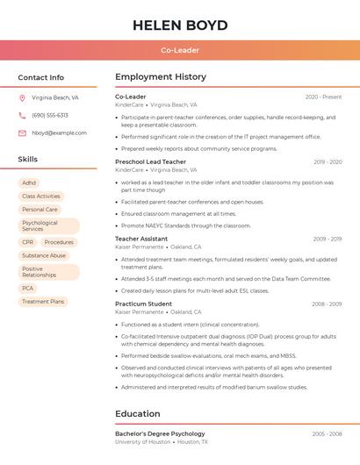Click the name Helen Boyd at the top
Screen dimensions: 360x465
point(180,25)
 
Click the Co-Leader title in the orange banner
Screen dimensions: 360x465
point(180,50)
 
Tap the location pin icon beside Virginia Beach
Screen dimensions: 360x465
point(22,98)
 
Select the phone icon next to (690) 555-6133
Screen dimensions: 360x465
point(22,115)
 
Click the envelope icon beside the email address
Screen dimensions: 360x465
point(22,133)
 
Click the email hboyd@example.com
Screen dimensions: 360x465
point(59,133)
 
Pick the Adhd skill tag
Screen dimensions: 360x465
point(29,183)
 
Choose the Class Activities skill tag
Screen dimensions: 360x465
point(41,197)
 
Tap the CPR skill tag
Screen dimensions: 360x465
point(28,242)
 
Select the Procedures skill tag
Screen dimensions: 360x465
point(59,242)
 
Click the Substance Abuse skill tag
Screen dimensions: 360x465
point(44,255)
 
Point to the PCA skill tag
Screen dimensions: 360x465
point(28,289)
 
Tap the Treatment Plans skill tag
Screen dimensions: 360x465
point(43,302)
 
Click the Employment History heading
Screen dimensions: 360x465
point(161,77)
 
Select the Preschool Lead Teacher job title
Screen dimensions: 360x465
point(151,161)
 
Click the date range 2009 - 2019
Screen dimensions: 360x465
point(327,239)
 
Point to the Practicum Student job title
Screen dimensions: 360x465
point(143,304)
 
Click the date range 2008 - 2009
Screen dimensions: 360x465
point(327,304)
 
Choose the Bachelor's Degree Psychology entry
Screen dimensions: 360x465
point(160,433)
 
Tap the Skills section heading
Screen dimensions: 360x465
point(28,160)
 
